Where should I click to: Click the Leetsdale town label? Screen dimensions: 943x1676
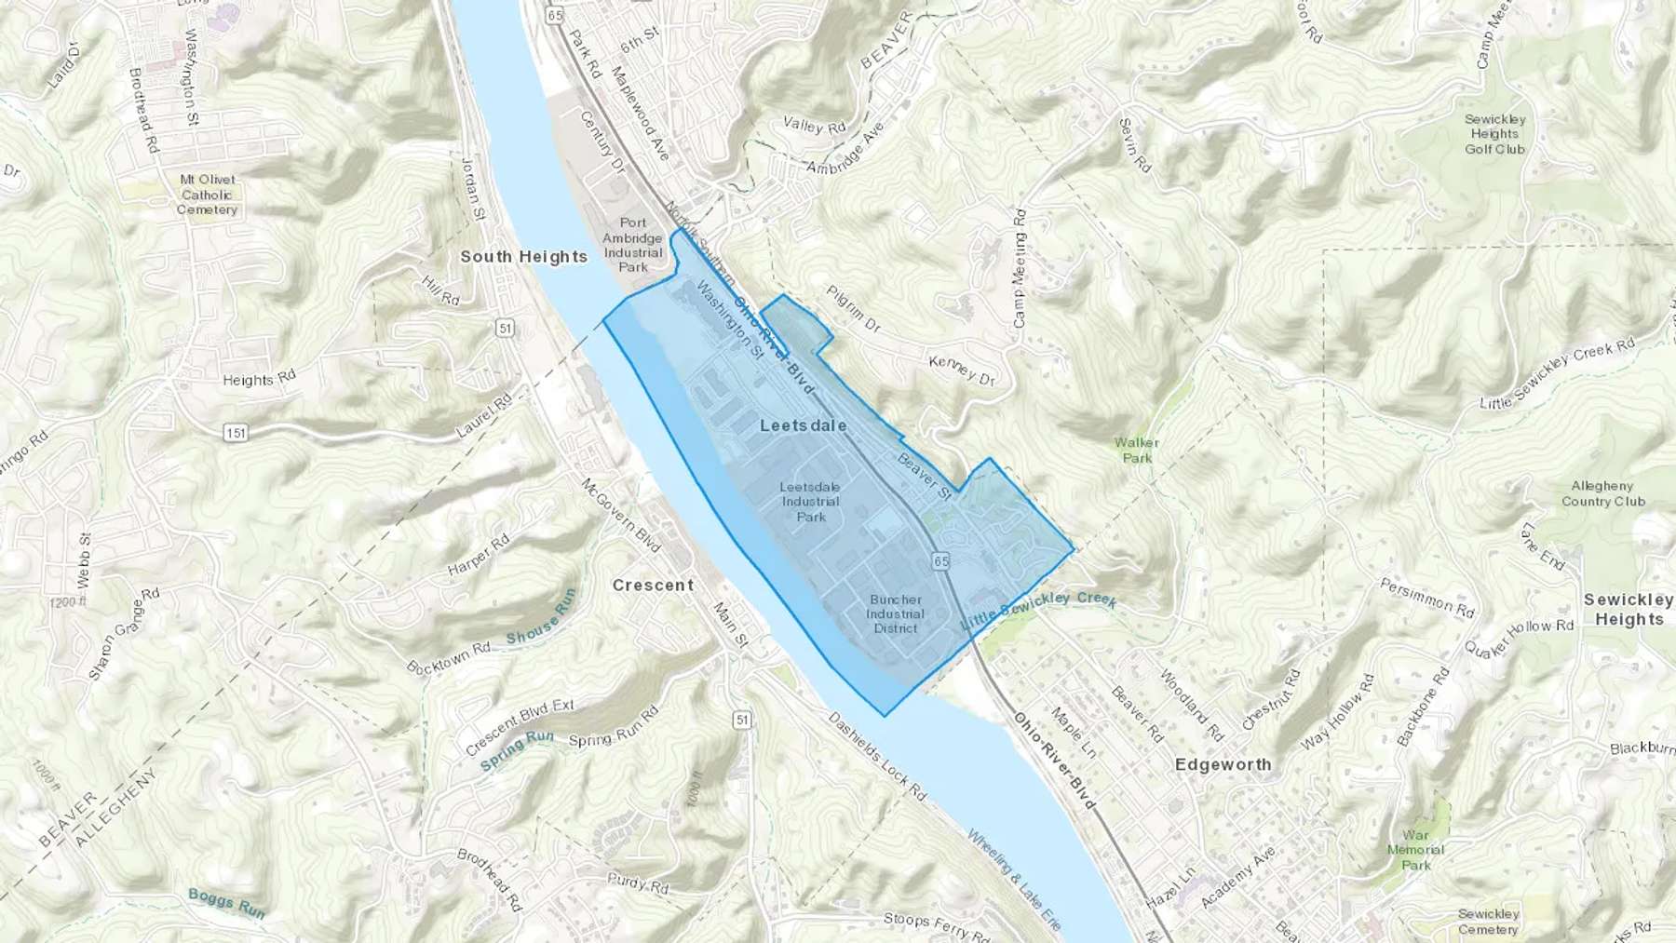[803, 425]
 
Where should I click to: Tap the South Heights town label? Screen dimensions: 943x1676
[523, 257]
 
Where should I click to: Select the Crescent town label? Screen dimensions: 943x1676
[653, 585]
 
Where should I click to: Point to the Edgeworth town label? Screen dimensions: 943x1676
[1223, 764]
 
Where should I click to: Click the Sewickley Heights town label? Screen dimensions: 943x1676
[1628, 610]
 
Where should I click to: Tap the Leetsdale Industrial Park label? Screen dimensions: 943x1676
[810, 502]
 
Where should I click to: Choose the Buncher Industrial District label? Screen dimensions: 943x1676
[895, 613]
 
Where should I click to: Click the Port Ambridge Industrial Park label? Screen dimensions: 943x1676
[633, 245]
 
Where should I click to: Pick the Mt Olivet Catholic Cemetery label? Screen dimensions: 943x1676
[208, 195]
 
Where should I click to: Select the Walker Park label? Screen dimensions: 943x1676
[1136, 451]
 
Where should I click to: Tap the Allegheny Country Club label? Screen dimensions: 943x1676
[1602, 493]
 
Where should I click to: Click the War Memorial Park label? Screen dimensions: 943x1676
[1415, 850]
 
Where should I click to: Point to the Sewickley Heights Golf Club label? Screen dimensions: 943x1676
[1494, 134]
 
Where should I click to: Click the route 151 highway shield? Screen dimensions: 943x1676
[237, 433]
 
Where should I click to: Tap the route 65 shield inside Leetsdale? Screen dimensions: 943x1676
[939, 560]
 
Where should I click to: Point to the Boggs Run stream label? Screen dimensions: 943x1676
[226, 902]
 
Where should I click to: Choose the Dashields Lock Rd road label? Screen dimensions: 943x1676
[877, 759]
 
